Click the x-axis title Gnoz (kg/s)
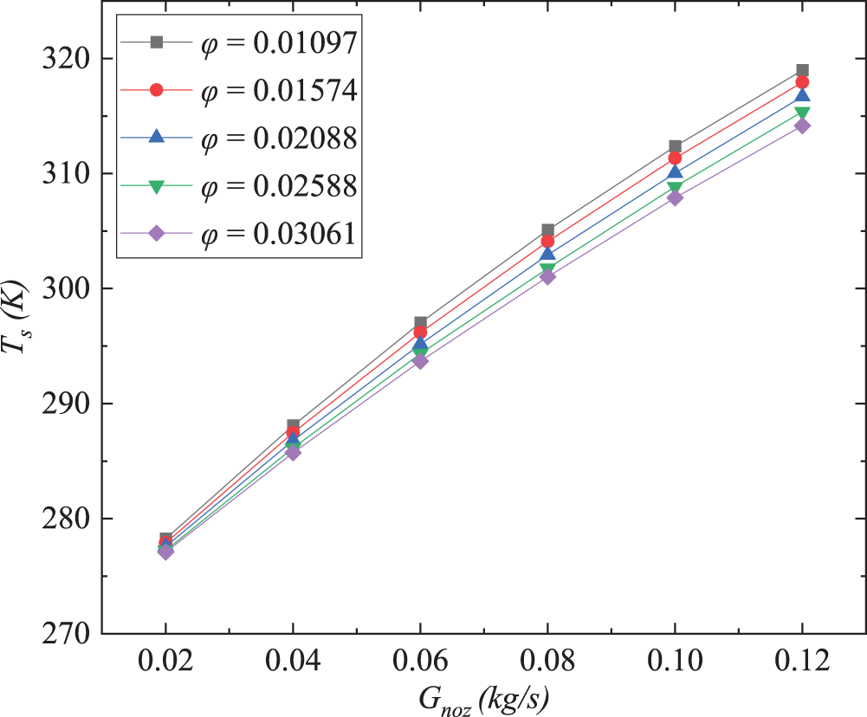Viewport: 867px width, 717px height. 482,698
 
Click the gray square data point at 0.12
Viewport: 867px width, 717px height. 802,70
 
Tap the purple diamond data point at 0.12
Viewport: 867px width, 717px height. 802,126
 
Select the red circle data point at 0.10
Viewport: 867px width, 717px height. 675,158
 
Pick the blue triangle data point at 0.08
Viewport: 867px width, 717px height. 547,253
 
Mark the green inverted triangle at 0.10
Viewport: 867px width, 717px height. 675,188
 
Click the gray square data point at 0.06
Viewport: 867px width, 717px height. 420,322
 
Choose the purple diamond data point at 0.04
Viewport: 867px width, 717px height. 294,452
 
